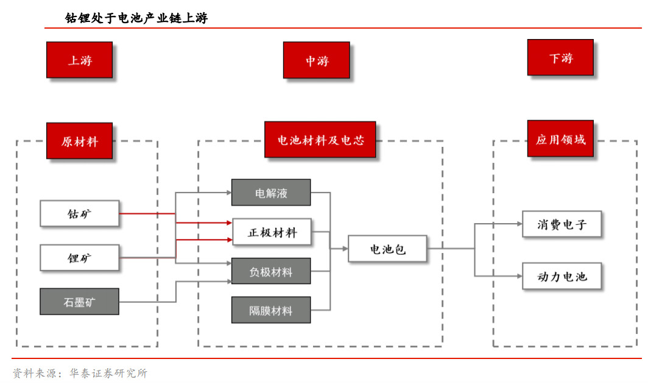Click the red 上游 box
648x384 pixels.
click(x=79, y=60)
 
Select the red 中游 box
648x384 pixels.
click(x=317, y=60)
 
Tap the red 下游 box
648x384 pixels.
click(x=560, y=57)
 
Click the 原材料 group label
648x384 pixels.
click(x=79, y=141)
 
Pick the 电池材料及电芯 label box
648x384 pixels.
click(x=320, y=140)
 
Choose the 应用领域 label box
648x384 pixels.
click(x=560, y=138)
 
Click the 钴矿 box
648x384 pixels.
click(x=79, y=213)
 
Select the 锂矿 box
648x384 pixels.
click(x=79, y=258)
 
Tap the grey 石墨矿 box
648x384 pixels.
click(x=79, y=302)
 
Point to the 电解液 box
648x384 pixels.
click(x=271, y=193)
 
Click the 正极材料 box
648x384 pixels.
click(x=272, y=232)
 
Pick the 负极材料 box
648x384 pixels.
click(x=271, y=271)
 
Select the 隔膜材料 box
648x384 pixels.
click(x=271, y=310)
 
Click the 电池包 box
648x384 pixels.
click(x=387, y=249)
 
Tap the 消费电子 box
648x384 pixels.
click(x=562, y=224)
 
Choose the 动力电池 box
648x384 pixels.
click(x=562, y=276)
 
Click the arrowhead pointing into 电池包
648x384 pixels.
click(x=345, y=249)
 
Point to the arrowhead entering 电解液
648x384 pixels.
click(x=228, y=193)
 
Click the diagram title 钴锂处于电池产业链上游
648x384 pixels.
click(x=136, y=18)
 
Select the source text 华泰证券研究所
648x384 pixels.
click(x=108, y=373)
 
